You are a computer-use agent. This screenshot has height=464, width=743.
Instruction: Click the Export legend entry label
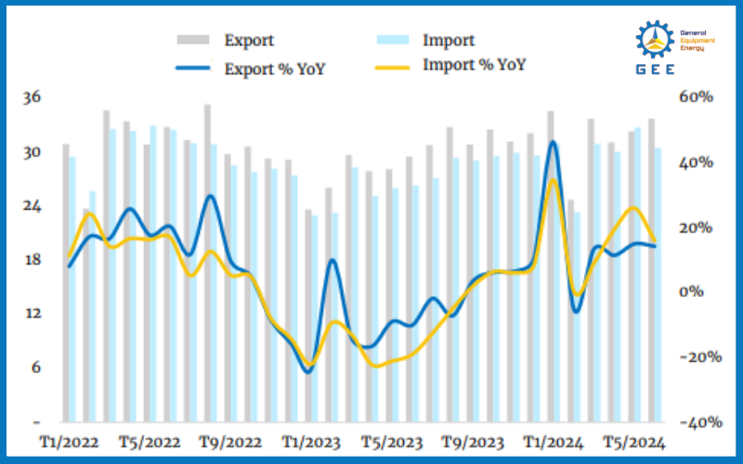tap(249, 40)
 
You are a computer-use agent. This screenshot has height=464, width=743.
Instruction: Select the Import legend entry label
tap(449, 40)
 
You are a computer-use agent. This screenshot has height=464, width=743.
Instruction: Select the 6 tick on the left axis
tap(35, 367)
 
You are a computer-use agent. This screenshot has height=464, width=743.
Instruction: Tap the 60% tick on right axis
tap(695, 97)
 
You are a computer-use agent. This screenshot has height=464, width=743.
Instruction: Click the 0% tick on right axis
tap(698, 292)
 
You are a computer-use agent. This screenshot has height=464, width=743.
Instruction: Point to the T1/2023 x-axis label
tap(312, 443)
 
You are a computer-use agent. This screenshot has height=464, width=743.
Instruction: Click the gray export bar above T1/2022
tap(66, 278)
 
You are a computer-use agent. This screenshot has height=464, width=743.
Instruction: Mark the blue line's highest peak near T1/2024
tap(554, 142)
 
